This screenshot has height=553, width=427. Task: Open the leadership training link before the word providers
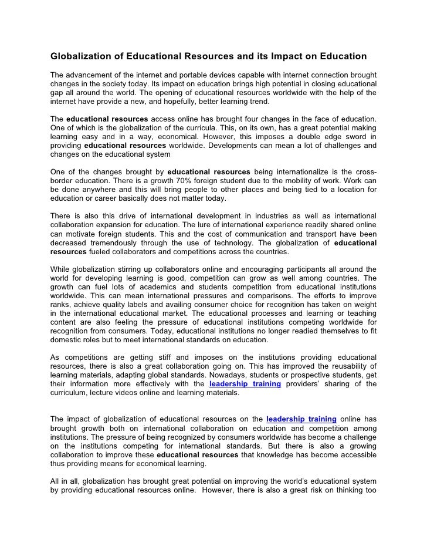245,385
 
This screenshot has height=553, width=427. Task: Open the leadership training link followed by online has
301,419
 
